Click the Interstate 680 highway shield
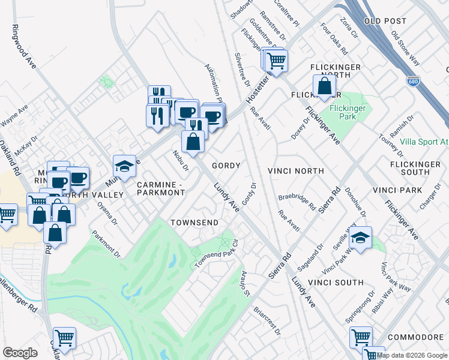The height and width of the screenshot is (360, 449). (412, 80)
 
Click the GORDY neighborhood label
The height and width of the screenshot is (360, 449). (226, 166)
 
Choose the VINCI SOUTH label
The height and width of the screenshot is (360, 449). (336, 282)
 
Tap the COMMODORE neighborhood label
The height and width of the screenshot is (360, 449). (415, 338)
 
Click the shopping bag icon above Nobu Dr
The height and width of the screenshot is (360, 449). (193, 142)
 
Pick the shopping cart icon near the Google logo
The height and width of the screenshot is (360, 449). (64, 338)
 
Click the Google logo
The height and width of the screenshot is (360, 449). (20, 353)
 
